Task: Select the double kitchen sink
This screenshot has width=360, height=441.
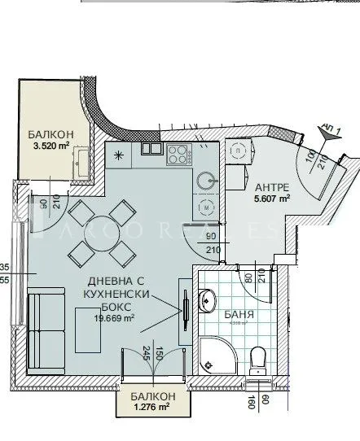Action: pos(151,150)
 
